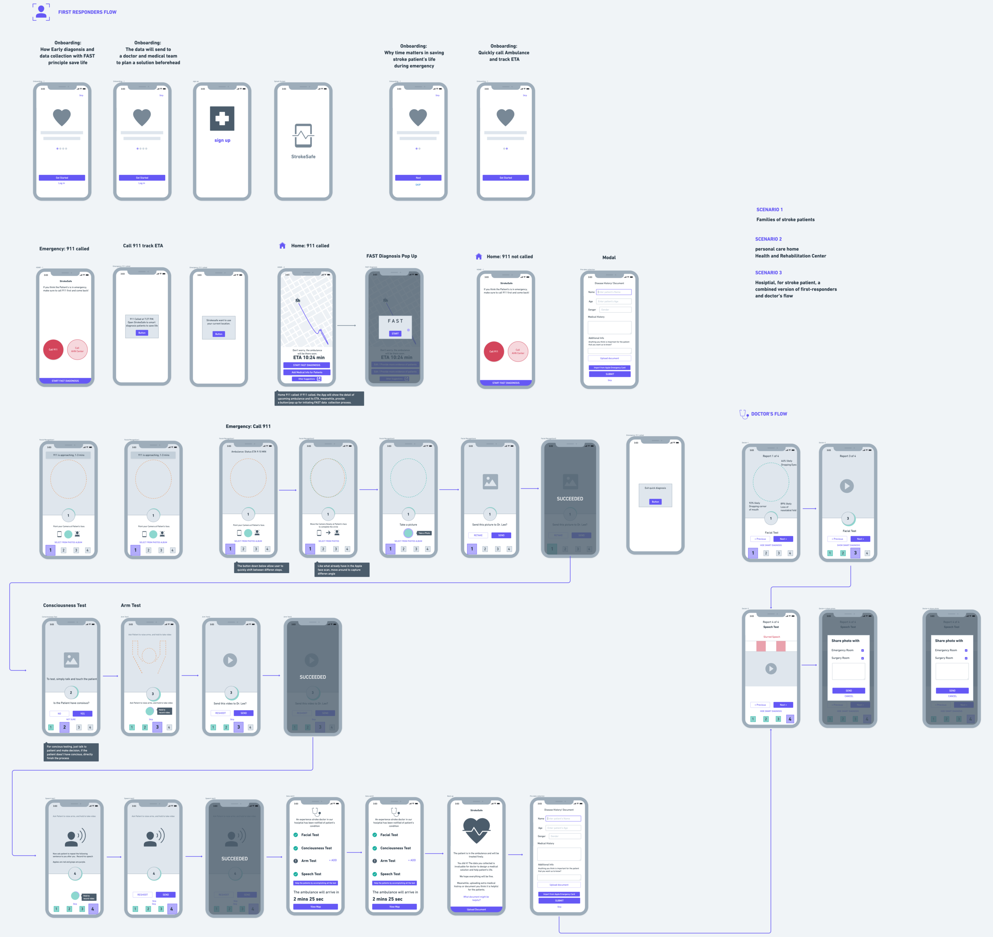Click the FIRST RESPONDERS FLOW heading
pyautogui.click(x=87, y=12)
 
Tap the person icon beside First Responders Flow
pyautogui.click(x=41, y=12)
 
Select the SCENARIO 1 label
pyautogui.click(x=769, y=210)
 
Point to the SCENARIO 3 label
pyautogui.click(x=768, y=273)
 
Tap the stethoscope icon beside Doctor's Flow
pyautogui.click(x=744, y=414)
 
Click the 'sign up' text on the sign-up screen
pyautogui.click(x=222, y=140)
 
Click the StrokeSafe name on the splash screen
pyautogui.click(x=303, y=157)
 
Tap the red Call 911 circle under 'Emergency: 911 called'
pyautogui.click(x=53, y=350)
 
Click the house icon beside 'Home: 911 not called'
pyautogui.click(x=479, y=256)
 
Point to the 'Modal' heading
pyautogui.click(x=609, y=258)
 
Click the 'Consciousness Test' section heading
pyautogui.click(x=64, y=605)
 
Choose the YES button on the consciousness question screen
pyautogui.click(x=82, y=713)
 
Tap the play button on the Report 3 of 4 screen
pyautogui.click(x=847, y=486)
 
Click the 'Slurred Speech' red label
pyautogui.click(x=771, y=637)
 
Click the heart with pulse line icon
pyautogui.click(x=477, y=830)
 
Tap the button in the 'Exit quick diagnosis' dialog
pyautogui.click(x=655, y=501)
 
